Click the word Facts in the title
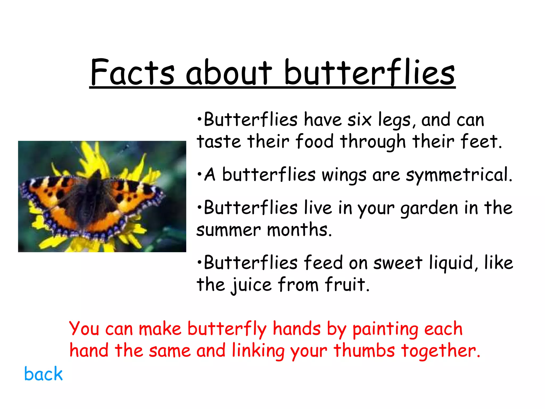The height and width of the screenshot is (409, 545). tap(132, 72)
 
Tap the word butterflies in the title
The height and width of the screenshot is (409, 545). tap(369, 72)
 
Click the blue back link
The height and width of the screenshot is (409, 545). tap(43, 374)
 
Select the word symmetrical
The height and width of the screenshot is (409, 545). tap(459, 175)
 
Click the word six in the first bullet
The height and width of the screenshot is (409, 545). tap(359, 120)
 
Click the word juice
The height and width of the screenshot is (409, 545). tap(251, 285)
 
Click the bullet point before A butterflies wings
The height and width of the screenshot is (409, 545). tap(200, 174)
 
